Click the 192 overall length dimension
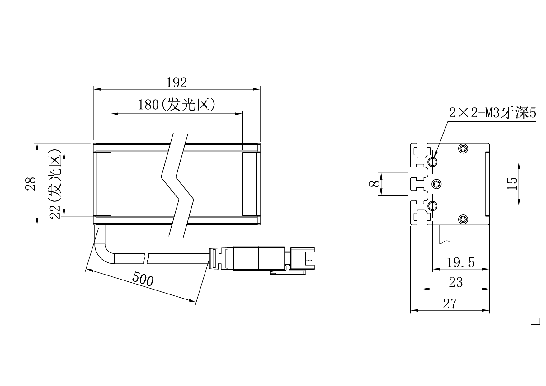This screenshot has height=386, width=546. click(176, 83)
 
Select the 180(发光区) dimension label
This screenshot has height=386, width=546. click(177, 105)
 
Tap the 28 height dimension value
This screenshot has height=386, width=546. click(31, 184)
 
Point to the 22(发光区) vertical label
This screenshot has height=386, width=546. click(56, 184)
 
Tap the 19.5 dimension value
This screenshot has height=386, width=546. click(461, 263)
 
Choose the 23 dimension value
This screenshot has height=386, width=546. click(456, 283)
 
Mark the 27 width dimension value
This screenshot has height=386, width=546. click(450, 304)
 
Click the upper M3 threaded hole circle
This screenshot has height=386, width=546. click(432, 162)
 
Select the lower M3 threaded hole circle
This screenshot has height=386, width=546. click(432, 206)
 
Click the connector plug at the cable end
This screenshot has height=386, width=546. click(261, 258)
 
